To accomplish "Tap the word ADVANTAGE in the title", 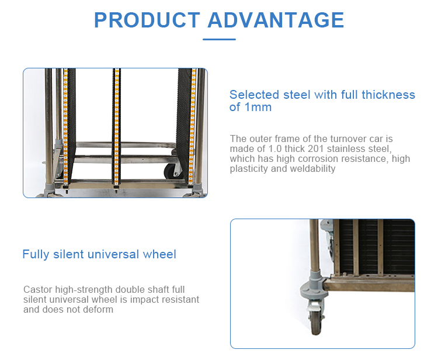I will [x=276, y=20].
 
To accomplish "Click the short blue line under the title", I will [x=219, y=40].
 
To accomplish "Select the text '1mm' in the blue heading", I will [x=258, y=108].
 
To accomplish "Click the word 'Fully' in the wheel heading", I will [x=35, y=254].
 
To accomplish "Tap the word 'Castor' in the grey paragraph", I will [x=37, y=290].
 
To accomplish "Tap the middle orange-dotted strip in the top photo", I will [x=117, y=129].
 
